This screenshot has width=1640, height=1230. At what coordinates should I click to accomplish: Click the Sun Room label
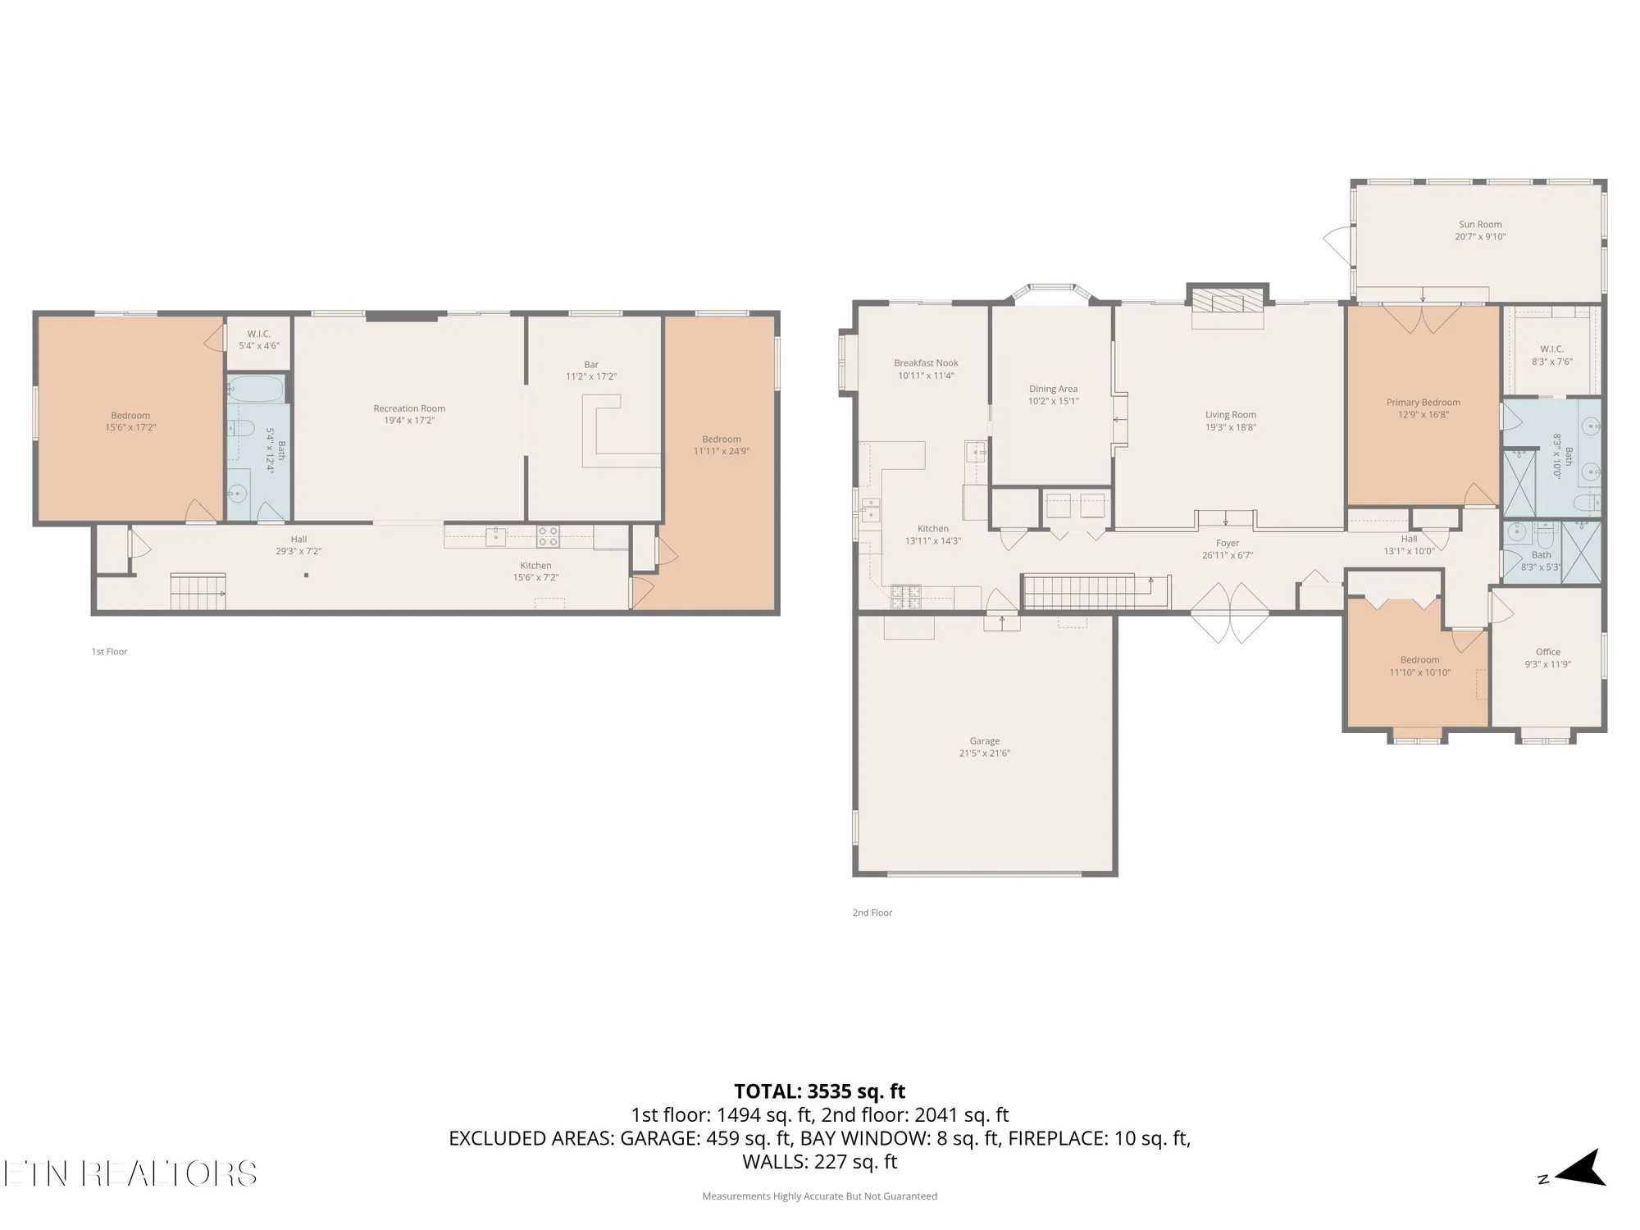(1480, 224)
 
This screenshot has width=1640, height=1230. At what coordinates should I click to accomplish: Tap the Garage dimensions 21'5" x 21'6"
(984, 754)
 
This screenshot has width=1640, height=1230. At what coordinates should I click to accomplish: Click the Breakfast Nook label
(926, 362)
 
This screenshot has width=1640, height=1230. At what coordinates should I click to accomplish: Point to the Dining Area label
(1053, 389)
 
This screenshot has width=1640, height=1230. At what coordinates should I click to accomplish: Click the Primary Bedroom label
(1423, 402)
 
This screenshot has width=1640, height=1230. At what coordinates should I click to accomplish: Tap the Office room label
(1547, 652)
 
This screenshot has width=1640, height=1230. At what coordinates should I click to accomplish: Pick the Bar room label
(591, 364)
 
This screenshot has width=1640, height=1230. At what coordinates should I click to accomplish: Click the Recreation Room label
(409, 408)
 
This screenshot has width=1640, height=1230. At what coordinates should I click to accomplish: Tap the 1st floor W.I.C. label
(259, 334)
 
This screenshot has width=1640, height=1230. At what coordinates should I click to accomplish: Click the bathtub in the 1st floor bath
(256, 389)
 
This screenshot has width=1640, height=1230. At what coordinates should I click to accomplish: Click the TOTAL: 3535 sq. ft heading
(819, 1091)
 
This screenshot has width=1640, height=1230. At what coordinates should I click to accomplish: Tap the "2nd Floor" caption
(872, 913)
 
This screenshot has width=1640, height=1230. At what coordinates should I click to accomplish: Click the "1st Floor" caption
(109, 652)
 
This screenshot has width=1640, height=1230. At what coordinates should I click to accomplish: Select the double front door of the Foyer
(1229, 613)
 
